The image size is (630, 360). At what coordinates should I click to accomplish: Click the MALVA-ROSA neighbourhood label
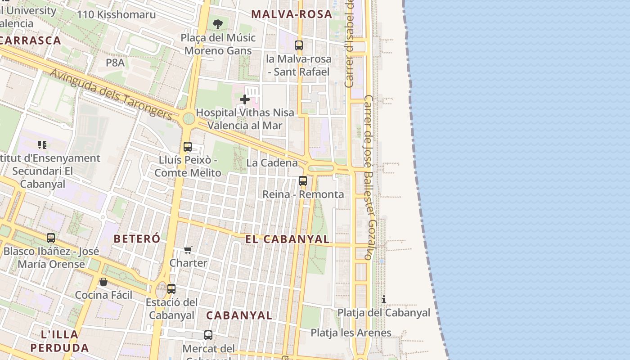(292, 14)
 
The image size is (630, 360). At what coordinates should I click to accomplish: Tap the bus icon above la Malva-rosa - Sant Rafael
(299, 45)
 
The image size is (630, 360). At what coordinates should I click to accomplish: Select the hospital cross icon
(245, 99)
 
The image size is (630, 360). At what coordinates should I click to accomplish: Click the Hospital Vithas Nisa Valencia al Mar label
(245, 119)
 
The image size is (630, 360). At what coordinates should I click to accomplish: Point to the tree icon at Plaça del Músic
(218, 24)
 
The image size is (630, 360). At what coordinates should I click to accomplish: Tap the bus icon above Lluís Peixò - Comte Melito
(188, 146)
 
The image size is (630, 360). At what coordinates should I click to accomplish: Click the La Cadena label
(272, 163)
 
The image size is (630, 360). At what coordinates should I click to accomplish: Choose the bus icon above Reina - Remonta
(303, 181)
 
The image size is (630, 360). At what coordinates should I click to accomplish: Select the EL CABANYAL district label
(288, 239)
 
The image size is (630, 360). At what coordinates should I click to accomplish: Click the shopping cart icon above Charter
(188, 250)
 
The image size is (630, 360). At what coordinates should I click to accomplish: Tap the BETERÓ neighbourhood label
(137, 238)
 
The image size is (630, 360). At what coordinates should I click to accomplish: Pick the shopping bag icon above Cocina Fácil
(103, 282)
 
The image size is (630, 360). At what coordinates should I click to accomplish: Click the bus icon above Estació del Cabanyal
(171, 288)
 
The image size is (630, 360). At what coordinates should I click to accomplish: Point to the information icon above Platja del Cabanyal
(383, 299)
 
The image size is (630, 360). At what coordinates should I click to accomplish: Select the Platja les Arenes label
(351, 333)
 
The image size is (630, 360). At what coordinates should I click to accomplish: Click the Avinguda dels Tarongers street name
(111, 94)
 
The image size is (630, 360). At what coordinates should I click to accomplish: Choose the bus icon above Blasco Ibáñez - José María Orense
(51, 238)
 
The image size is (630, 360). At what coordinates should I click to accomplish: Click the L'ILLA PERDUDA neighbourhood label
(59, 341)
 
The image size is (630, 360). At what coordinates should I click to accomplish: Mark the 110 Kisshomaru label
(116, 14)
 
